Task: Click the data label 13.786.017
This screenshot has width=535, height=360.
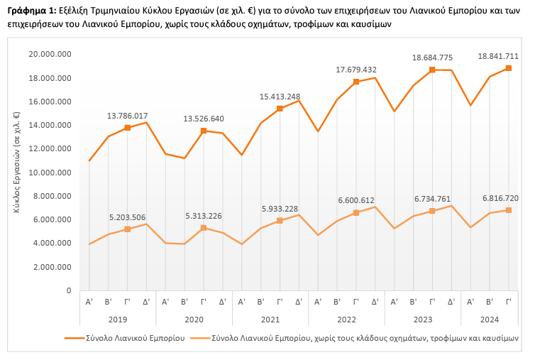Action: [x=128, y=115]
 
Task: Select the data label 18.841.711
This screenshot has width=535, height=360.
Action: [x=499, y=55]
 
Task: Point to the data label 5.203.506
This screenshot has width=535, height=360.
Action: [x=128, y=217]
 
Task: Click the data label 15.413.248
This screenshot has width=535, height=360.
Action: [x=280, y=96]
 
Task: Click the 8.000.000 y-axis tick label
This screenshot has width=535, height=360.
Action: [x=52, y=196]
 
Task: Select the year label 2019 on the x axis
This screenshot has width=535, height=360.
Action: [x=118, y=320]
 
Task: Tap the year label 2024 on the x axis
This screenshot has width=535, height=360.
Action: [x=490, y=320]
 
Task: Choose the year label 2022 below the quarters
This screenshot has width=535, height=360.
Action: [x=346, y=320]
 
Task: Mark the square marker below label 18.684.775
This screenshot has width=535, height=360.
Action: [x=432, y=70]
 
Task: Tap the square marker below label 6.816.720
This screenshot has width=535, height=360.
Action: [x=509, y=210]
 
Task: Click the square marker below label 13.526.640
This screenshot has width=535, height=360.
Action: [x=204, y=131]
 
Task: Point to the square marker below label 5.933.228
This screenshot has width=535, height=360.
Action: [x=280, y=221]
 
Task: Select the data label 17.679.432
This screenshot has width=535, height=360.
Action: [x=356, y=69]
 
